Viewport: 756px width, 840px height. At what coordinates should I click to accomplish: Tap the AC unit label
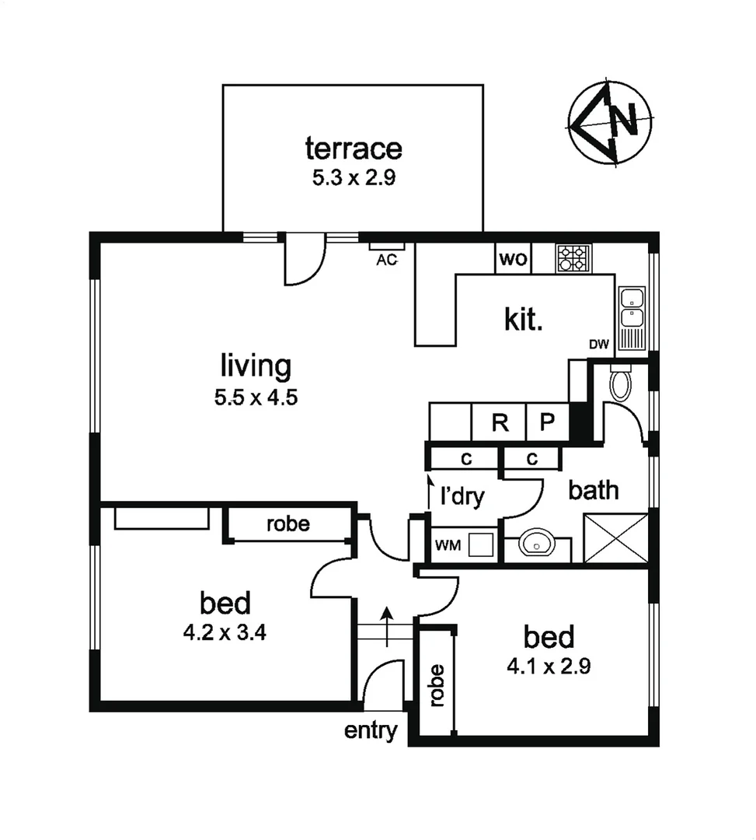coord(386,260)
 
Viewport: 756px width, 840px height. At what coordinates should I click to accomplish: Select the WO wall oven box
coord(513,259)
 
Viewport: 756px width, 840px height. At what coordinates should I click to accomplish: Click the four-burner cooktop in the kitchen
coord(573,258)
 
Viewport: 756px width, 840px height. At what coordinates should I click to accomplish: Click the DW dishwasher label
coord(598,345)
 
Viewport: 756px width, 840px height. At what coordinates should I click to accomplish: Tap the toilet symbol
coord(620,383)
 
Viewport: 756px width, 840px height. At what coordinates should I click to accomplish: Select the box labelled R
coord(500,423)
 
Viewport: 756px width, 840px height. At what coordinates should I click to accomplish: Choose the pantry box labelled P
coord(548,423)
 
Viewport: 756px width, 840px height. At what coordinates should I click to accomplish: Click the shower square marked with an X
coord(615,537)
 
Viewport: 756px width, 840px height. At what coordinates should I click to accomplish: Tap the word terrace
coord(354,147)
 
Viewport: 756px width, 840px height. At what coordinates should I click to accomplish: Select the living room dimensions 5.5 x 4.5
coord(256,398)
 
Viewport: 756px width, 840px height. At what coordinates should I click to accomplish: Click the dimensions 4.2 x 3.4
coord(225,632)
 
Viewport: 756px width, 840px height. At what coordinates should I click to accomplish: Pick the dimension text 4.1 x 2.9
coord(549,667)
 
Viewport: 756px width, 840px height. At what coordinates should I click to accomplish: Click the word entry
coord(371,731)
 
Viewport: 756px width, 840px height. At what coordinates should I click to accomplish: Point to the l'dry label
coord(463,496)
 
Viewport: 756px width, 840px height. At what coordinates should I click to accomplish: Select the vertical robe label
coord(437,685)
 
